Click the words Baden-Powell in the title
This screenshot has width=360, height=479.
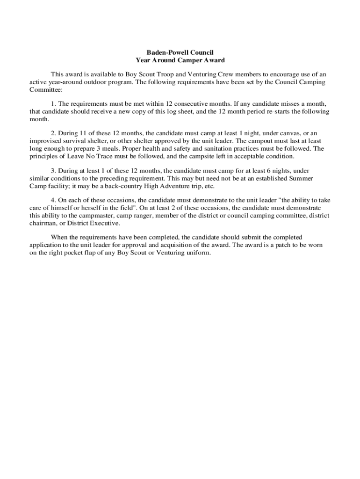click(160, 53)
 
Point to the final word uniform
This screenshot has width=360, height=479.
click(198, 253)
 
